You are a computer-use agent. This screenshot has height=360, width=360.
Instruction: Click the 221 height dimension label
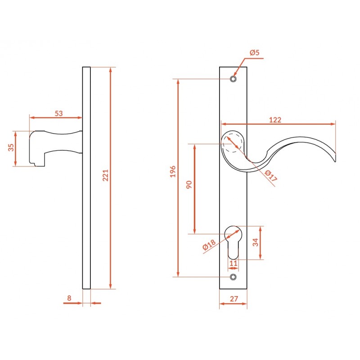105,175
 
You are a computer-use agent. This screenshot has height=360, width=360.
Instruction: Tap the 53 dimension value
59,113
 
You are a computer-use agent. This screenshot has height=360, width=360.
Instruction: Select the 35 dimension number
11,148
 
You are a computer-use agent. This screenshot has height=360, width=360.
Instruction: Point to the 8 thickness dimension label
69,298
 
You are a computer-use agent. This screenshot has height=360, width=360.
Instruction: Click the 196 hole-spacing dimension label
173,171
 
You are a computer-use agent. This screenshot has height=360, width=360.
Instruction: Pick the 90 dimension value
189,184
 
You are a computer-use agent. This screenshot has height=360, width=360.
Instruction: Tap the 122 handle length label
275,120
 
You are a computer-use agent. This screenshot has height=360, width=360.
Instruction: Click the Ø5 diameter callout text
255,53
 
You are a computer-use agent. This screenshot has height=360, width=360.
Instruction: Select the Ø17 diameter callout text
271,175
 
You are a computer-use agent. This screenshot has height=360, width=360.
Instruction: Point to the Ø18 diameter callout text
209,244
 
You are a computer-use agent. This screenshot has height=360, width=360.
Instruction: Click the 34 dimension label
256,242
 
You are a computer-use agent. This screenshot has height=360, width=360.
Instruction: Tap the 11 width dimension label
233,263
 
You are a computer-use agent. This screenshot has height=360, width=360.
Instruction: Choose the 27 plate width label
234,299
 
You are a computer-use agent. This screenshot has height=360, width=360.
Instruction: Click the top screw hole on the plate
233,79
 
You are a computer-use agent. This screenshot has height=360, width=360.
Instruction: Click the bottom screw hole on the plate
233,277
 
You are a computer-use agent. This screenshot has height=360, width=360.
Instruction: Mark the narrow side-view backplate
86,178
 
